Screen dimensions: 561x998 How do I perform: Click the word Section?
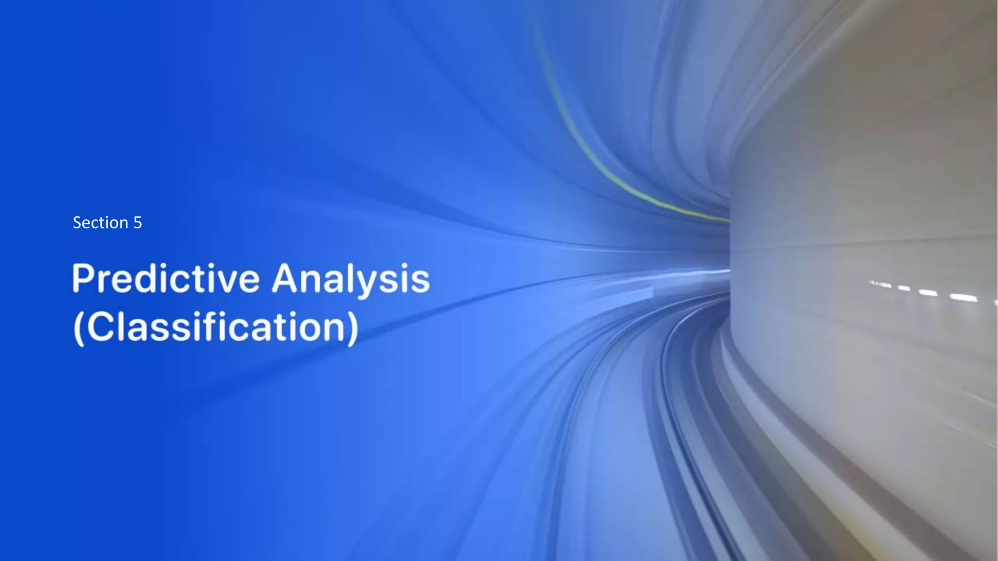(x=100, y=223)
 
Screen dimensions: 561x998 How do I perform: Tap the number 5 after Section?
(x=137, y=223)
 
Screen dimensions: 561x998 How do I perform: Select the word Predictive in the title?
(x=166, y=279)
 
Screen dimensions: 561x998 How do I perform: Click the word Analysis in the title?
(x=351, y=279)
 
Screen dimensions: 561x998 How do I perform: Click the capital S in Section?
(x=77, y=223)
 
